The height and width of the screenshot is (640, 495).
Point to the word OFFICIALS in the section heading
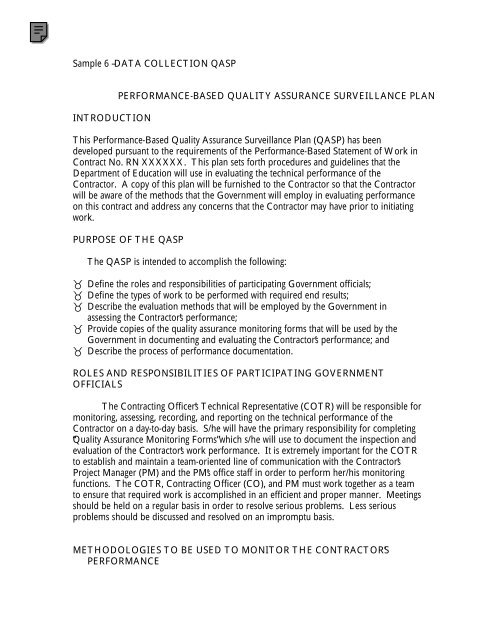(102, 412)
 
